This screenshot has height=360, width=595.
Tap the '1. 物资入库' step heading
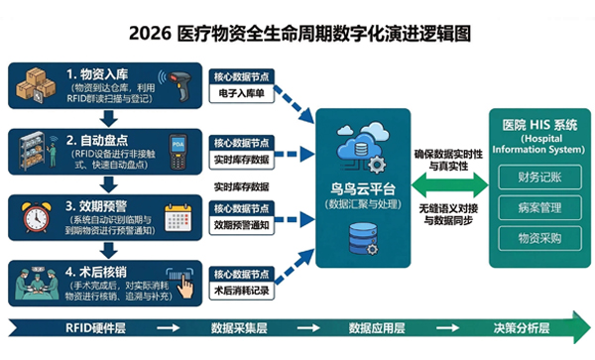click(104, 74)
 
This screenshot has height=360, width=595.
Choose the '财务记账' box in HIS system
click(536, 178)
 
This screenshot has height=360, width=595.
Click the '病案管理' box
click(536, 209)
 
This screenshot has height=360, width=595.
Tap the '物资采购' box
click(536, 239)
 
